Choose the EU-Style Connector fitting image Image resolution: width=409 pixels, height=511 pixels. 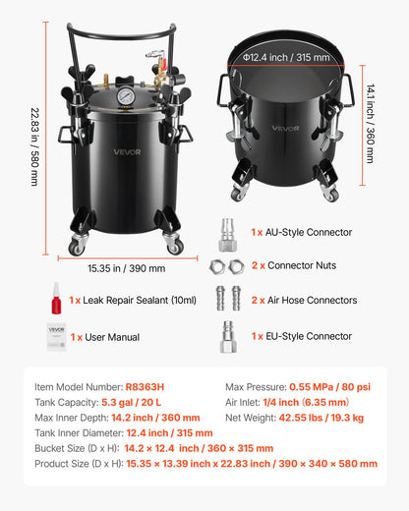pyautogui.click(x=227, y=337)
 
